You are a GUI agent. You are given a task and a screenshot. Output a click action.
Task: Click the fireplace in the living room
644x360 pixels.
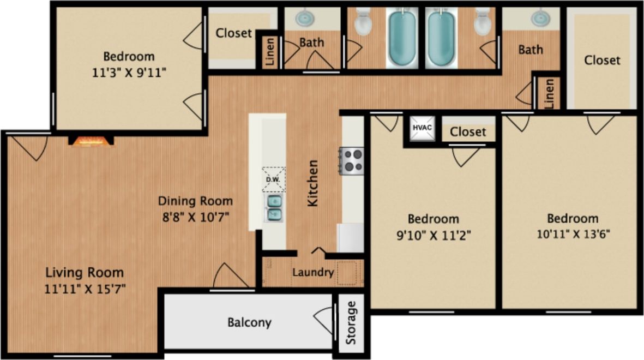(91, 141)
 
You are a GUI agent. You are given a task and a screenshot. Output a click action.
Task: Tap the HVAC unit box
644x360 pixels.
(422, 128)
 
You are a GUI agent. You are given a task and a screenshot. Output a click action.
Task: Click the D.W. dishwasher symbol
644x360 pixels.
(273, 179)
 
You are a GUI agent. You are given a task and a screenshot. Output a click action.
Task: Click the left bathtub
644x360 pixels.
(402, 38)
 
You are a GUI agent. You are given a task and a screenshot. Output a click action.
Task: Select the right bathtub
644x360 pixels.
(441, 38)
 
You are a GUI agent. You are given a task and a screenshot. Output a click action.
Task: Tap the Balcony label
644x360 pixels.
(249, 322)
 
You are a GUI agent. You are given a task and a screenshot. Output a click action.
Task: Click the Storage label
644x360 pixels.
(351, 322)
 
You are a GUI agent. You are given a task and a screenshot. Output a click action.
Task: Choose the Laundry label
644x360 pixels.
(312, 272)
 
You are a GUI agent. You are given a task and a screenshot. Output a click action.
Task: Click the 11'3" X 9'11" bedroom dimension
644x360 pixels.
(129, 73)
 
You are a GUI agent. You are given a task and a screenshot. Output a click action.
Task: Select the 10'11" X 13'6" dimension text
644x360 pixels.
(573, 235)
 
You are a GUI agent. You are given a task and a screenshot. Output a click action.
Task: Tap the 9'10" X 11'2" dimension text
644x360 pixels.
(434, 235)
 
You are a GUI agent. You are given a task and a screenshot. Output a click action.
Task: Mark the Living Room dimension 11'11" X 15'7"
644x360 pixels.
(85, 289)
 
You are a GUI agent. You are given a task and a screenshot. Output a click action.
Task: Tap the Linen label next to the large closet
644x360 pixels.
(549, 93)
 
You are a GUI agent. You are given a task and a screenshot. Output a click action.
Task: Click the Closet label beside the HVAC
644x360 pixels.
(468, 132)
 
